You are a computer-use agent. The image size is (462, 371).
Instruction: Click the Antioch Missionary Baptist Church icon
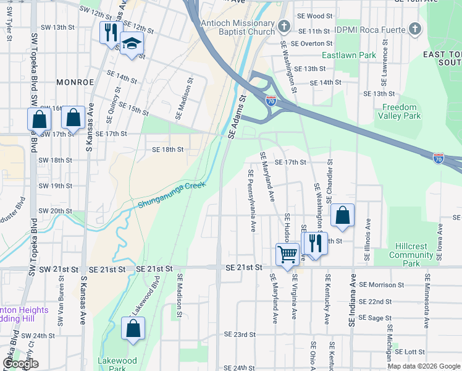click(283, 26)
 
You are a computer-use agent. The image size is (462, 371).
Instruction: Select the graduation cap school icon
click(132, 44)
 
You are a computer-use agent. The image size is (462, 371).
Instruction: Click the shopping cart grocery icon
click(288, 254)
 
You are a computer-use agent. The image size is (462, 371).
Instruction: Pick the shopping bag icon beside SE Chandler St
click(342, 215)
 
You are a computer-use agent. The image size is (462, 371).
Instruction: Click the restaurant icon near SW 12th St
click(111, 32)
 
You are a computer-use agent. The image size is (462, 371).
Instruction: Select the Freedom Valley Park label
click(399, 111)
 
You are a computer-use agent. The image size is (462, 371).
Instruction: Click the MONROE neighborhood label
click(75, 82)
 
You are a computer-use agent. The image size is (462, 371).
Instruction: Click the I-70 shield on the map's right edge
click(439, 159)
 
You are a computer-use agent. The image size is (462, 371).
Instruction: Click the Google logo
click(20, 364)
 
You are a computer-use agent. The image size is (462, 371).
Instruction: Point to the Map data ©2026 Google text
click(423, 366)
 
